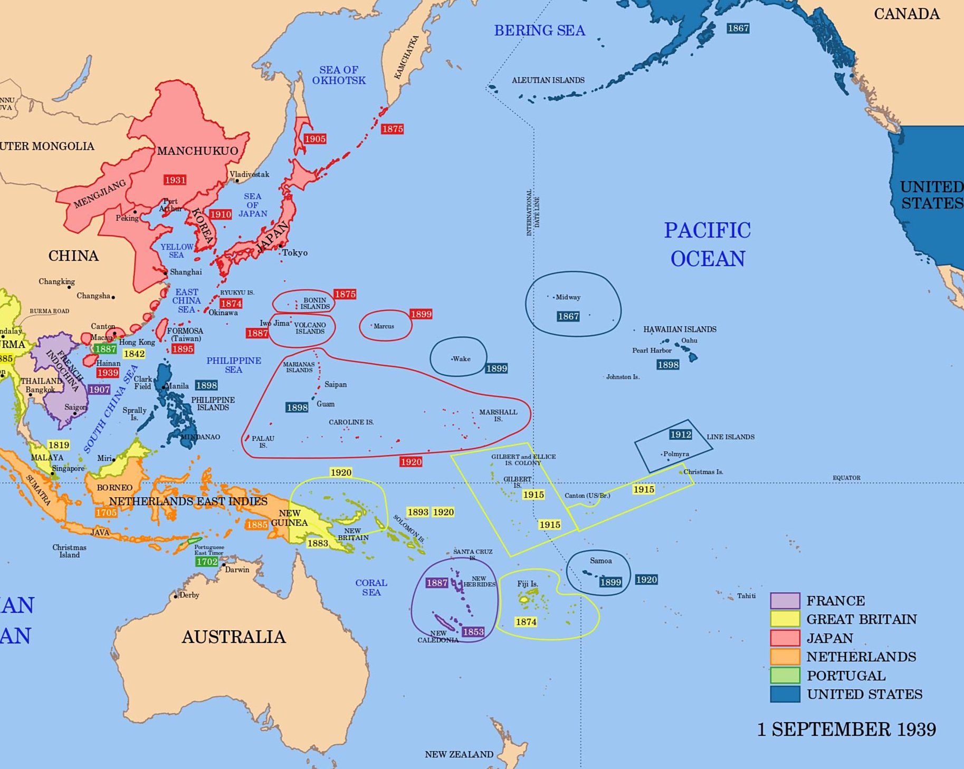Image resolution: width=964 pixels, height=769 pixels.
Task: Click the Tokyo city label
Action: (294, 253)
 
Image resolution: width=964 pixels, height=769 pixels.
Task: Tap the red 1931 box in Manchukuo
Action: (175, 180)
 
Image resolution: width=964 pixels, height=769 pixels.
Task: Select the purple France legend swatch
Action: (785, 601)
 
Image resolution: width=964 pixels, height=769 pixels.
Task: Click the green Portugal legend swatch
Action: (785, 676)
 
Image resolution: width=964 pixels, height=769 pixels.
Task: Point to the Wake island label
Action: (461, 359)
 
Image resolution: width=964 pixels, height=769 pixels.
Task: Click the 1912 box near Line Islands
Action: (680, 434)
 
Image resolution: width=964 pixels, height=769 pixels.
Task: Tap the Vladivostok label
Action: (250, 174)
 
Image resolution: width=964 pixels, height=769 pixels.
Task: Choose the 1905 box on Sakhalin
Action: (315, 139)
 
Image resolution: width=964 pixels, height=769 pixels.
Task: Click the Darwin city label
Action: (237, 569)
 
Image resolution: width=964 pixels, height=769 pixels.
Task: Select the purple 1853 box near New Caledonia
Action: (473, 632)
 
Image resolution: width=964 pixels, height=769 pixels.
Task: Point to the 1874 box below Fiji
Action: (526, 622)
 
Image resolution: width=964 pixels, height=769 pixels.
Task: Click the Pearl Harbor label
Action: (652, 350)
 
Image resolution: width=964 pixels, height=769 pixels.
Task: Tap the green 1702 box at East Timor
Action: (207, 562)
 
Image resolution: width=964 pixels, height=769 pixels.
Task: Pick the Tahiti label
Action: (746, 596)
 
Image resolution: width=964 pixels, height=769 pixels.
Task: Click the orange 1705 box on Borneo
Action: (106, 512)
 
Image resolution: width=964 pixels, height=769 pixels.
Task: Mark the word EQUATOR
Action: (846, 478)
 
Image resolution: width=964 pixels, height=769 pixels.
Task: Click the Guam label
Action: (326, 404)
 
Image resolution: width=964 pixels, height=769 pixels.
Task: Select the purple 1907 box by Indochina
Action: (99, 390)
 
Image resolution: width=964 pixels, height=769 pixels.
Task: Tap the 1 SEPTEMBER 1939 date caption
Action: (846, 729)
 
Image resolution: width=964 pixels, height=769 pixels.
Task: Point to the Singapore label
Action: (69, 468)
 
